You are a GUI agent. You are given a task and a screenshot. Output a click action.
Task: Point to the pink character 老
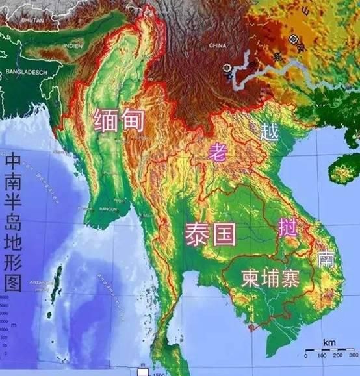tap(216, 153)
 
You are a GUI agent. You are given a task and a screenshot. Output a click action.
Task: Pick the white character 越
tap(268, 132)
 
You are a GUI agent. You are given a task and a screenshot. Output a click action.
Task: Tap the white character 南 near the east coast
tap(326, 258)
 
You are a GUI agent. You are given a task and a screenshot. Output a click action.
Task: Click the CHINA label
tap(217, 45)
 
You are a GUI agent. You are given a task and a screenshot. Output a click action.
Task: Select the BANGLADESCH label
tap(26, 72)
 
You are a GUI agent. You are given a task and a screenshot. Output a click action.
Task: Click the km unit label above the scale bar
tap(329, 342)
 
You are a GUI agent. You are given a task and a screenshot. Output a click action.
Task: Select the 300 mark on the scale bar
tap(353, 356)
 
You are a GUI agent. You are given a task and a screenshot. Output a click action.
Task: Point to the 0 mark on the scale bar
tap(305, 356)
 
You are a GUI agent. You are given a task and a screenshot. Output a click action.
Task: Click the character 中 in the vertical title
tap(13, 161)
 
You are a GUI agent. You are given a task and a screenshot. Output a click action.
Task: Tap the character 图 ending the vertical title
tap(13, 284)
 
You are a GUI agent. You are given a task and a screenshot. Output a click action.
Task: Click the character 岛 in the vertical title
tap(13, 210)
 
